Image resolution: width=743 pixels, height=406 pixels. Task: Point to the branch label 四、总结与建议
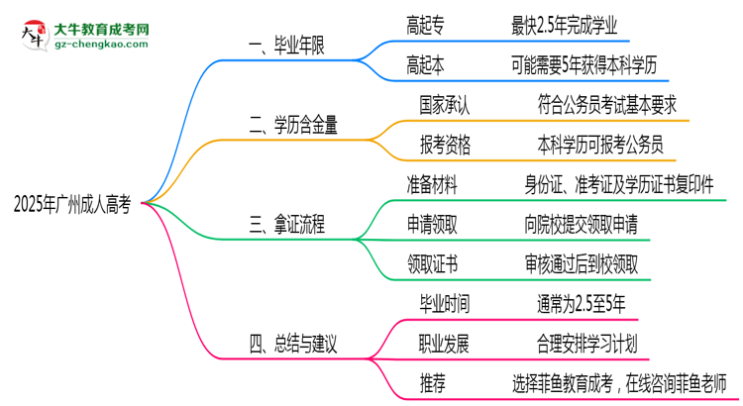click(x=293, y=346)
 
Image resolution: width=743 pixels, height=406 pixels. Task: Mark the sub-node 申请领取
click(x=432, y=225)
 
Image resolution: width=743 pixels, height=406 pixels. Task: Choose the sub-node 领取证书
click(x=432, y=264)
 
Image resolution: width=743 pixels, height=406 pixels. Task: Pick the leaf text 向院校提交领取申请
click(x=586, y=225)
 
